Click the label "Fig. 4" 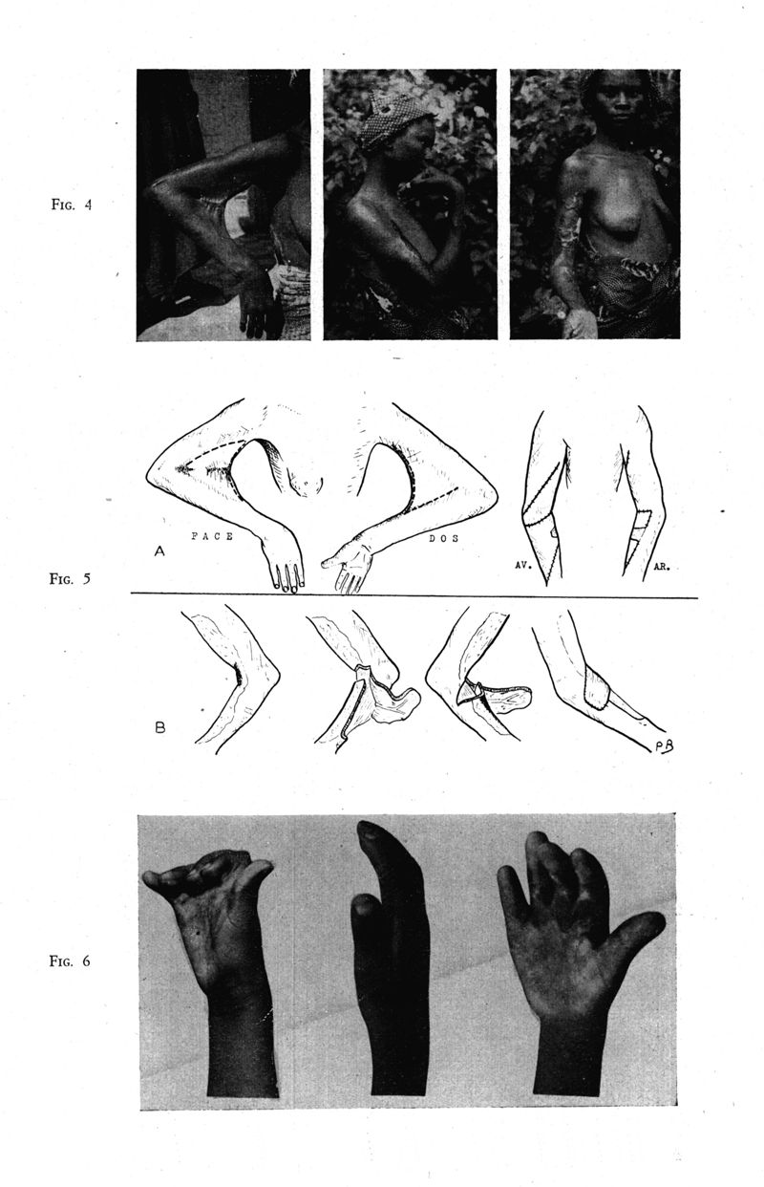coord(71,205)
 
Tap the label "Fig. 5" coord(70,578)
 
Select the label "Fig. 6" coord(70,960)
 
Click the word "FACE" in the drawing coord(212,536)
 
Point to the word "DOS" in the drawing coord(444,538)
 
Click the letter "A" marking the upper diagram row coord(159,551)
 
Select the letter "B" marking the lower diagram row coord(159,727)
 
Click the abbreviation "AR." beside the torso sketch coord(662,567)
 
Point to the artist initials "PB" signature coord(663,745)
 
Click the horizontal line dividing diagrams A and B coord(414,595)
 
